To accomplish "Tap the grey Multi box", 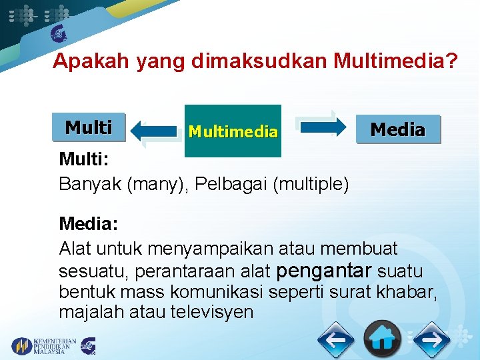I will tap(88, 127).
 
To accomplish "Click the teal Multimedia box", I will tap(233, 131).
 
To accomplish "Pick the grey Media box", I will tap(397, 129).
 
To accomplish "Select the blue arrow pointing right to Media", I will tap(321, 126).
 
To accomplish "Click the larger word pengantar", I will tap(323, 271).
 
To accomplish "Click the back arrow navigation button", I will tap(336, 341).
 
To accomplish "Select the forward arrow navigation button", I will tap(431, 341).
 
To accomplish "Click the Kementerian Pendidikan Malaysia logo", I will tap(44, 345).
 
